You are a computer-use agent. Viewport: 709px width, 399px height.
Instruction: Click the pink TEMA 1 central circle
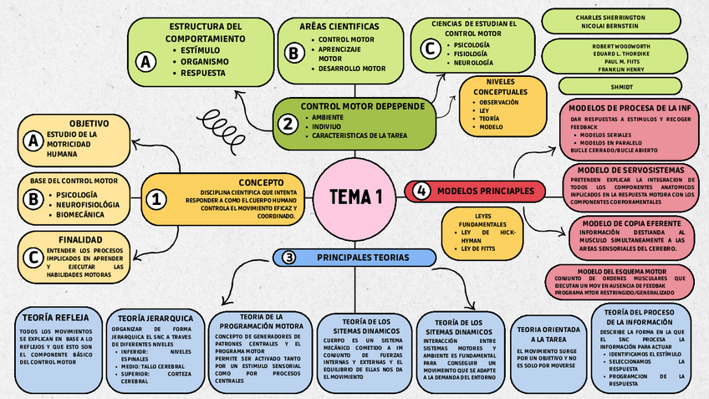355,197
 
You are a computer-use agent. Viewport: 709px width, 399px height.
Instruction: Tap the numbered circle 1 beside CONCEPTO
156,199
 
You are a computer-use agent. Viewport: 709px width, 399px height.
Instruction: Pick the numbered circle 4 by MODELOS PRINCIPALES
421,191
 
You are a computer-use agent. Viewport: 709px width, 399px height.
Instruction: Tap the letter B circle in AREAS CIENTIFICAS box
293,52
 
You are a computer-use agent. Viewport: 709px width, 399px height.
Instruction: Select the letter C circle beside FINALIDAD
33,257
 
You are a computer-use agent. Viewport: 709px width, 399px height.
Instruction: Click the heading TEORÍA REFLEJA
54,317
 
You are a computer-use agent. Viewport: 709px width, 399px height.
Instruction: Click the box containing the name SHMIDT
621,86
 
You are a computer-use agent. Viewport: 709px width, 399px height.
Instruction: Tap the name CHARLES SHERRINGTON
621,17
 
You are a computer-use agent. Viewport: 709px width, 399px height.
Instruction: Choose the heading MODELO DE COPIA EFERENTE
630,223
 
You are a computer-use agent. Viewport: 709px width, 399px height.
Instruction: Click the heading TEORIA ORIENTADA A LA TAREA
549,335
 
